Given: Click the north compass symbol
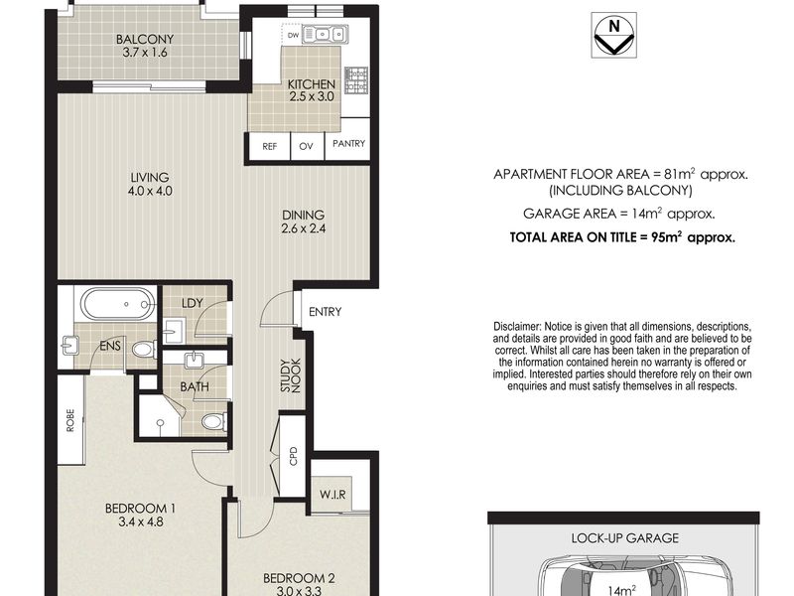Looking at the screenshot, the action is pos(613,35).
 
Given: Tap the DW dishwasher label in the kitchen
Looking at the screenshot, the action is pos(293,35).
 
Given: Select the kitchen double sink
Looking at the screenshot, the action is pos(325,35).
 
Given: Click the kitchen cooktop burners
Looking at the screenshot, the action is pos(356,80).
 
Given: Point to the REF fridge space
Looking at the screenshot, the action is pos(269,146).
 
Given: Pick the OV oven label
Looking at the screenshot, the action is pos(306,146).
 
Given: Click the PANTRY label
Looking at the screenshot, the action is pos(349,143).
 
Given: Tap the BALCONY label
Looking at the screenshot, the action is pos(145,39).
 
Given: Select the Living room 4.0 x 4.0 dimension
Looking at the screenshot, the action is pos(151,191).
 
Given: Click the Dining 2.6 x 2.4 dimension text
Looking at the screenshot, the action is pos(304,228).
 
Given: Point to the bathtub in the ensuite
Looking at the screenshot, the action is pos(119,304).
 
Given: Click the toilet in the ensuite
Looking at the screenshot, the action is pos(144,349).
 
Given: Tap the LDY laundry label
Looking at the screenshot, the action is pos(192,303).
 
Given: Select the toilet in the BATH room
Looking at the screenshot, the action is pos(214,421).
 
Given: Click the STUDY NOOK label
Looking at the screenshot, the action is pos(291,375).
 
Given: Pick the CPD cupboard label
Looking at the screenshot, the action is pos(293,456).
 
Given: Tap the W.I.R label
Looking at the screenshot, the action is pos(332,494).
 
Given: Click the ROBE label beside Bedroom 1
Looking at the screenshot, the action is pos(70,420).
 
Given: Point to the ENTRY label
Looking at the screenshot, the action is pos(326,312).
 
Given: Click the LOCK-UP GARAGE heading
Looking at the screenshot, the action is pos(625,538).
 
